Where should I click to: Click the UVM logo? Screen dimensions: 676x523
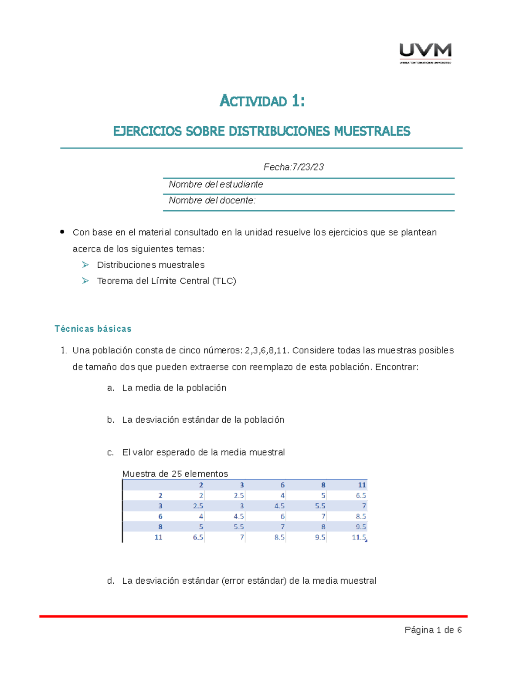425,53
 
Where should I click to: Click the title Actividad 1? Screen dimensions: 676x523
262,101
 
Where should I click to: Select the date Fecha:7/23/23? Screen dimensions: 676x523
293,167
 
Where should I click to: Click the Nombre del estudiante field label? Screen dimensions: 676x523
216,185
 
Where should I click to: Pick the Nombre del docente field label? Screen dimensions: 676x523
212,201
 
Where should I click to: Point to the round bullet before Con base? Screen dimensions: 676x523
62,232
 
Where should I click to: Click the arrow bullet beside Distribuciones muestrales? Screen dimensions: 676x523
85,265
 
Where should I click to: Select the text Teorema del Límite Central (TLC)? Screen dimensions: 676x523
166,281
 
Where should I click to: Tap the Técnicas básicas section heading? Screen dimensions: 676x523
93,329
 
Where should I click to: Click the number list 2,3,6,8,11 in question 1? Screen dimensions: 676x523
266,350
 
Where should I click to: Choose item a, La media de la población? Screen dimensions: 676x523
174,388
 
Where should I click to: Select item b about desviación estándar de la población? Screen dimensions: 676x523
203,420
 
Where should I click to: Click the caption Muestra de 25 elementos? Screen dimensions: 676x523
175,474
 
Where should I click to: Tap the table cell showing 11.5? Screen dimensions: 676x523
359,538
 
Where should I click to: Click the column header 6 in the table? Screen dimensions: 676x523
282,485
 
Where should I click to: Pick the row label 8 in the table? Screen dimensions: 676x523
160,527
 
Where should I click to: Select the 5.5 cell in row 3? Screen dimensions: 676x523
320,506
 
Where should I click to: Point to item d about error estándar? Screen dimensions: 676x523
249,581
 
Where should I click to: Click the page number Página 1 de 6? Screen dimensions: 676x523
433,630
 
